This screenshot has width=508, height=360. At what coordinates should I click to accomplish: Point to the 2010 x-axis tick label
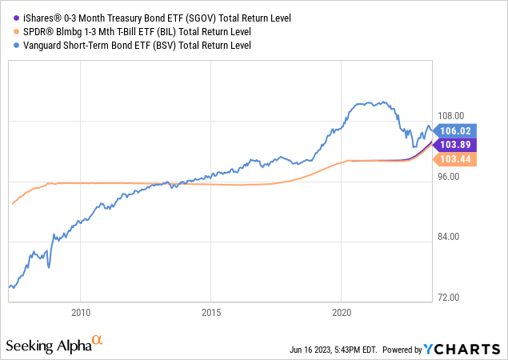pyautogui.click(x=80, y=311)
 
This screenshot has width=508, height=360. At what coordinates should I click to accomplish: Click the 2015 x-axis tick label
pyautogui.click(x=211, y=311)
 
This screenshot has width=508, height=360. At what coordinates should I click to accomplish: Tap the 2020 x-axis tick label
pyautogui.click(x=342, y=311)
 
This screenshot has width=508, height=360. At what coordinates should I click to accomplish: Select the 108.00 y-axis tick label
pyautogui.click(x=451, y=117)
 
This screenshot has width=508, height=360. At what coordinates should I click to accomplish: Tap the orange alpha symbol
pyautogui.click(x=98, y=341)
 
